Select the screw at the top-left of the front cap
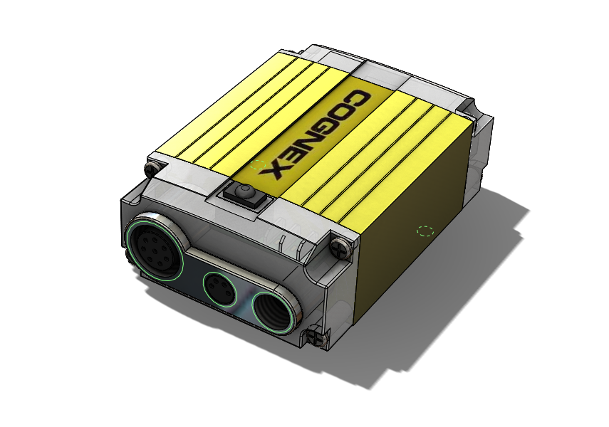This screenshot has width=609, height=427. point(151,169)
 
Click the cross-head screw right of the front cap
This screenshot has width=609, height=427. point(340,246)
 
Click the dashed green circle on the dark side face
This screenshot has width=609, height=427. point(425,231)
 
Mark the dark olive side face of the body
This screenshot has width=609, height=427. point(420,213)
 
